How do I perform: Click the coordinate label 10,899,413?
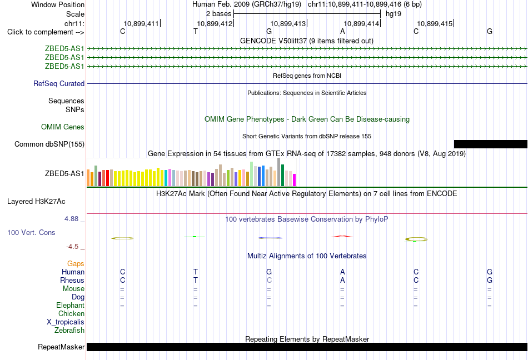[288, 23]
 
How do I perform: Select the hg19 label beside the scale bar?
[393, 14]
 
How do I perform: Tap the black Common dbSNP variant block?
[491, 144]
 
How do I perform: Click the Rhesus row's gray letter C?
[269, 280]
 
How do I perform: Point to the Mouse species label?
[73, 289]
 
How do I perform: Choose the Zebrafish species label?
[69, 331]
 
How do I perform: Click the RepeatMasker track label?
[61, 347]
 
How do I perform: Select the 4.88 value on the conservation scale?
[71, 219]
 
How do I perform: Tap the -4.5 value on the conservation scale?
[72, 247]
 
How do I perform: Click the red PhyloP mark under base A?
[342, 237]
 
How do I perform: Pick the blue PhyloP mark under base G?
[271, 238]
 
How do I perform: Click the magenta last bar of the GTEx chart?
[295, 180]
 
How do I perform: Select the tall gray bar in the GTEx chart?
[279, 172]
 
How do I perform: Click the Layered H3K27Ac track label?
[36, 202]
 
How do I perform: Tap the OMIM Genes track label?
[63, 127]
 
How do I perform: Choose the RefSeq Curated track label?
[59, 83]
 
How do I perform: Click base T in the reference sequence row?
[196, 32]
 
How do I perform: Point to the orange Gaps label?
[76, 264]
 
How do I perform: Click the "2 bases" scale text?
[219, 14]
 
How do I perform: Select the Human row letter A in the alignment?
[342, 272]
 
